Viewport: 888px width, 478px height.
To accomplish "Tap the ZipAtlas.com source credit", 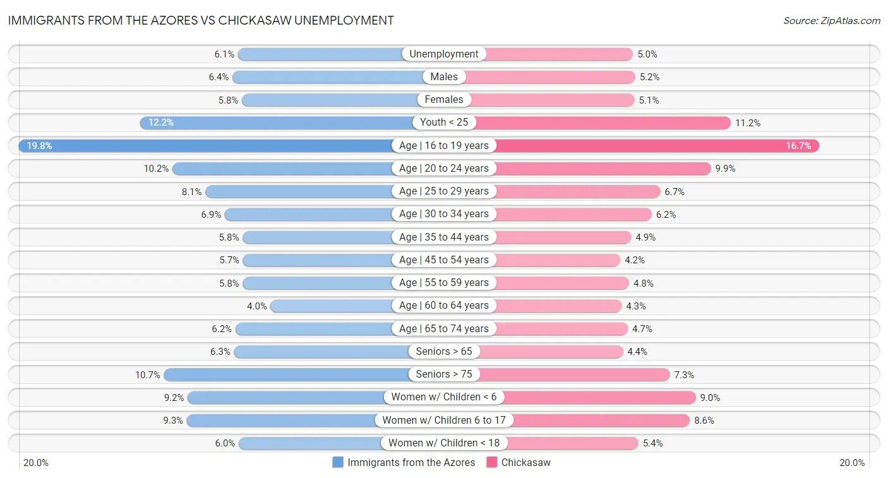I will (832, 21).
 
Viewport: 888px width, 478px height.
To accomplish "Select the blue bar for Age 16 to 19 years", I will (208, 146).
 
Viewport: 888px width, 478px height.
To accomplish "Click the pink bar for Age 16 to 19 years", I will (657, 146).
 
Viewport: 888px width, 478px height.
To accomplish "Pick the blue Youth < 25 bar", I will (278, 122).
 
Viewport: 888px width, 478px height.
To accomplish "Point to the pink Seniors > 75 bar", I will (575, 374).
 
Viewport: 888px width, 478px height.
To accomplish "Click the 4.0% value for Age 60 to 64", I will (257, 306).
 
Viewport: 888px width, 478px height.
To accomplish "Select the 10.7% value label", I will (148, 375).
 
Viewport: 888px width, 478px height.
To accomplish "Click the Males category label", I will (444, 77).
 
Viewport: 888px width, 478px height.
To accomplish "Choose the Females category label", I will (444, 100).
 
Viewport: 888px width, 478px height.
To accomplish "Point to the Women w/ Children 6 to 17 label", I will (444, 421).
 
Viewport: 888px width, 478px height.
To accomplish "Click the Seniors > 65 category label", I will (444, 352).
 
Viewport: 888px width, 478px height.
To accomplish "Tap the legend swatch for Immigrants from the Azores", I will (338, 462).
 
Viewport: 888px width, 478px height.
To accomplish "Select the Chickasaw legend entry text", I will (525, 462).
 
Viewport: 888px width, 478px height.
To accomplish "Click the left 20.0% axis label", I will (36, 462).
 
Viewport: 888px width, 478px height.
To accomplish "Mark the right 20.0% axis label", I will (851, 462).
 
